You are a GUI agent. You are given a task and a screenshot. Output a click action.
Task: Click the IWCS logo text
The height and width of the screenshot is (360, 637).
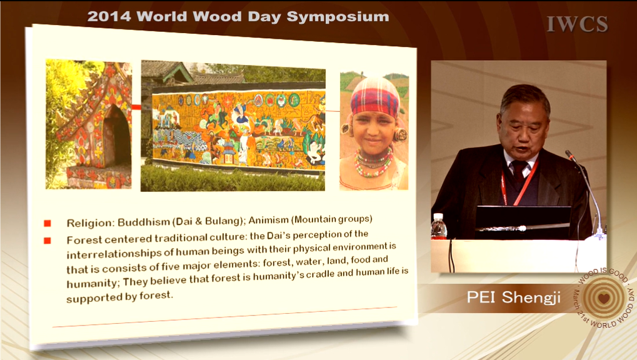coord(577,24)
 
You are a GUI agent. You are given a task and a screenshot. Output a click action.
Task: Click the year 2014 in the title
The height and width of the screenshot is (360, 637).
coord(109,17)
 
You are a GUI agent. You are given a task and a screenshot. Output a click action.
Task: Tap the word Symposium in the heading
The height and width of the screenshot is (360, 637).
coord(338,17)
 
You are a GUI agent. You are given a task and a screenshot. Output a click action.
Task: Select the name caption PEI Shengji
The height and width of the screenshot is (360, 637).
coord(513,297)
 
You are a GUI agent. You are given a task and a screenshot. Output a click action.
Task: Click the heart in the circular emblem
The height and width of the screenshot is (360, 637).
coord(604,298)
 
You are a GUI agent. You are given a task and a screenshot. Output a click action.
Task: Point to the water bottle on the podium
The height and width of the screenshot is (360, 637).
coord(438,226)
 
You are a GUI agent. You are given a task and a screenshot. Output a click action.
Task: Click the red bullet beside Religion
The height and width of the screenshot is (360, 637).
coord(48,223)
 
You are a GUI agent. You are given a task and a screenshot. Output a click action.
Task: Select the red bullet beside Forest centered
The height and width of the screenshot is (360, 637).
coord(48,241)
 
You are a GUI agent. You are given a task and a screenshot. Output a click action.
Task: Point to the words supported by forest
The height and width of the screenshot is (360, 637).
coord(119,297)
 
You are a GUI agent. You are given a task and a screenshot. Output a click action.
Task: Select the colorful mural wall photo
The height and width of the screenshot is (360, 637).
coord(233,126)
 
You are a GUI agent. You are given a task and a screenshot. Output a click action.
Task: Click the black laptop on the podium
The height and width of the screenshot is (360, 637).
coord(523,222)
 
